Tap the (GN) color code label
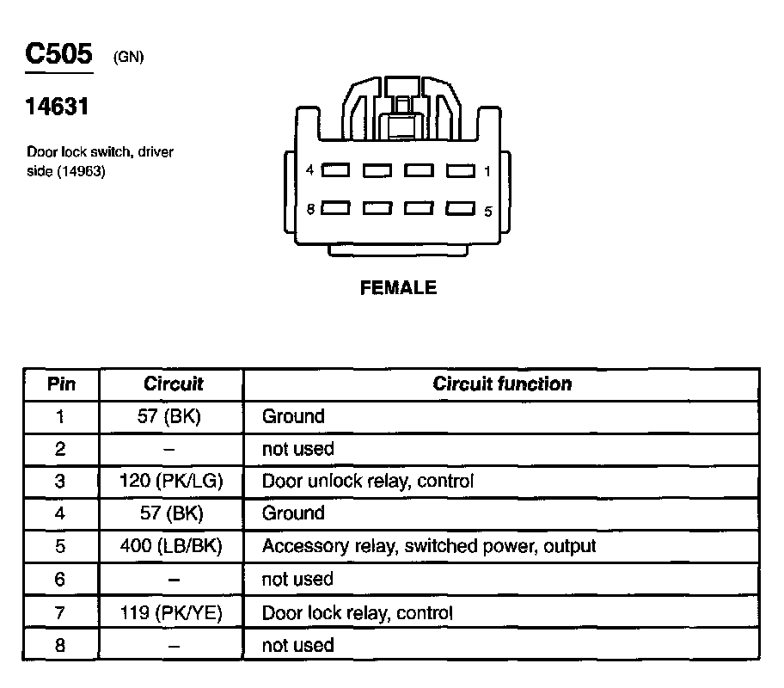(x=128, y=58)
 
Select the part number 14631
(x=58, y=107)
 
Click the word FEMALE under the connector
(x=398, y=288)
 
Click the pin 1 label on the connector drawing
(x=487, y=171)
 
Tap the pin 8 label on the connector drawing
(x=310, y=208)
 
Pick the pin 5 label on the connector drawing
(x=487, y=210)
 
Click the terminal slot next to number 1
(x=461, y=170)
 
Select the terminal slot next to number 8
(x=335, y=208)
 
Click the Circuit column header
(x=174, y=384)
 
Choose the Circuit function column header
(x=502, y=384)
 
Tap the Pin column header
(x=61, y=384)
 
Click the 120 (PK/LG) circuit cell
(x=172, y=481)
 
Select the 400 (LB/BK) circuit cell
(x=172, y=546)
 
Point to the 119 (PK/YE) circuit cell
(x=172, y=612)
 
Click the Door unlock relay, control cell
(x=367, y=481)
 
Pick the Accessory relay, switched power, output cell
(x=428, y=546)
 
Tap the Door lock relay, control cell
(x=357, y=612)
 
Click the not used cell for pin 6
(x=297, y=580)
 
